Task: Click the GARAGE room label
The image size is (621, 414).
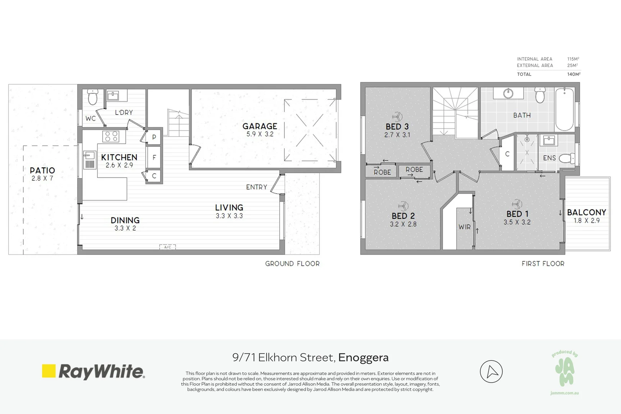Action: pyautogui.click(x=260, y=126)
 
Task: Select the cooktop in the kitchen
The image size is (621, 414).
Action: pyautogui.click(x=111, y=136)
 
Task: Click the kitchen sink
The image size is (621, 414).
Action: pyautogui.click(x=90, y=156)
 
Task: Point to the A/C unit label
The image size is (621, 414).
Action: pyautogui.click(x=167, y=247)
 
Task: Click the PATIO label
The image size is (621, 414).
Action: pyautogui.click(x=43, y=170)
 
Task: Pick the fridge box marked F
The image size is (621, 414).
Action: pyautogui.click(x=154, y=157)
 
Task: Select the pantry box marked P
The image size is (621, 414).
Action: pyautogui.click(x=154, y=137)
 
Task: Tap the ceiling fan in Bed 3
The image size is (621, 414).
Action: pyautogui.click(x=397, y=117)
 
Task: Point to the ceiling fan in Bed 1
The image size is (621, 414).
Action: pyautogui.click(x=517, y=204)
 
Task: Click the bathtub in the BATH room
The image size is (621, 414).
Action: pyautogui.click(x=564, y=109)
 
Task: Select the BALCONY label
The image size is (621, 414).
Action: pyautogui.click(x=586, y=212)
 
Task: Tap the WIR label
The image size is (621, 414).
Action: pyautogui.click(x=464, y=227)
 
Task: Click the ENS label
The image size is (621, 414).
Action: pyautogui.click(x=549, y=158)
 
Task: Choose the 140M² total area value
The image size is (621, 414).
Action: pyautogui.click(x=573, y=74)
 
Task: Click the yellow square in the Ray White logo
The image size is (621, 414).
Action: pyautogui.click(x=49, y=371)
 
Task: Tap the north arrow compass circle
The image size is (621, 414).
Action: pyautogui.click(x=491, y=371)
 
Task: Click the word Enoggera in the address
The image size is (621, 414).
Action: pyautogui.click(x=363, y=358)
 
